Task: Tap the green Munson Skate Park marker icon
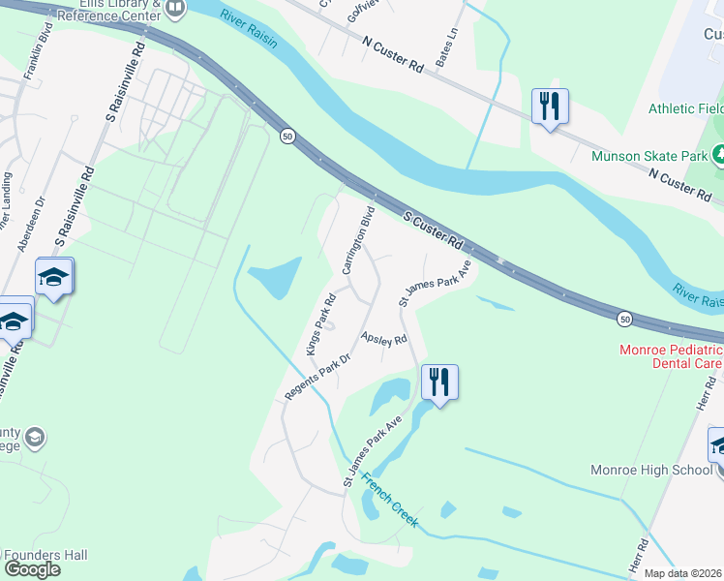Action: point(719,153)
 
